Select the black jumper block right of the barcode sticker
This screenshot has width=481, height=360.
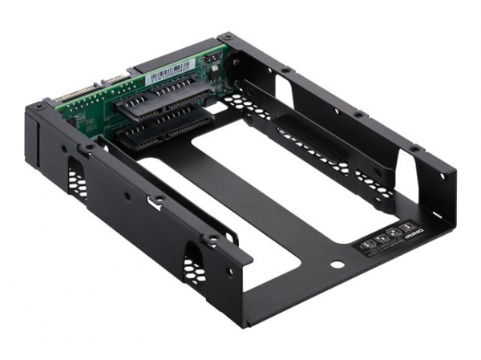(x=210, y=62)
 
